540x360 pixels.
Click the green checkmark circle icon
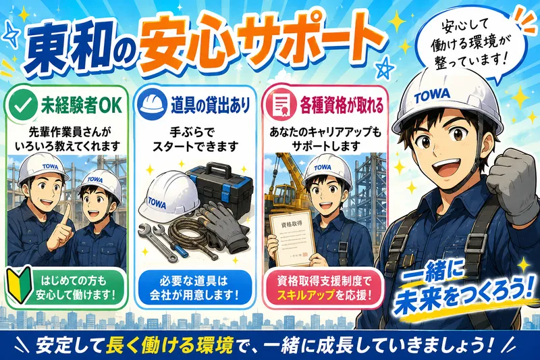[23, 105]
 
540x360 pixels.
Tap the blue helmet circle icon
[151, 105]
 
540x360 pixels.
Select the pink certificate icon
[281, 105]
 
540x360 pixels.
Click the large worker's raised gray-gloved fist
[510, 182]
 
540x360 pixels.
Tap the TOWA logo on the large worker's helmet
[432, 95]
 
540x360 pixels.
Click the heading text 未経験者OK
[81, 106]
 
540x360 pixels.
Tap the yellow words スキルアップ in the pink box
[306, 295]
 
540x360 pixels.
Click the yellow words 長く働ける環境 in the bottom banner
[169, 345]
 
